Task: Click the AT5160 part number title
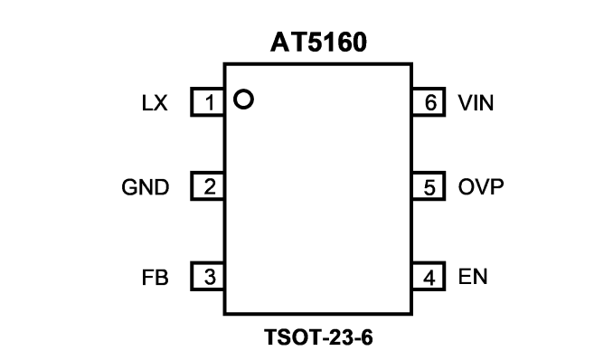point(318,43)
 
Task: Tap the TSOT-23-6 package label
point(318,337)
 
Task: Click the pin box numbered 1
point(208,101)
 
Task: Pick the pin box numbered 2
point(208,186)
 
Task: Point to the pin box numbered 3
point(208,276)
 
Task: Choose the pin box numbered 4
point(429,276)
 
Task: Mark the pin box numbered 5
point(429,186)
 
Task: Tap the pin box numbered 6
point(429,101)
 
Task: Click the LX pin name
point(155,103)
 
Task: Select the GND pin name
point(146,187)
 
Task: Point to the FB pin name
point(156,278)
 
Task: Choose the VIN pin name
point(476,103)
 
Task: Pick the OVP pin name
point(481,186)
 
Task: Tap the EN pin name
point(473,277)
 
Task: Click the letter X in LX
point(160,103)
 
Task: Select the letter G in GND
point(129,187)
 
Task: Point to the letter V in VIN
point(466,103)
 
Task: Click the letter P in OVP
point(496,186)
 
